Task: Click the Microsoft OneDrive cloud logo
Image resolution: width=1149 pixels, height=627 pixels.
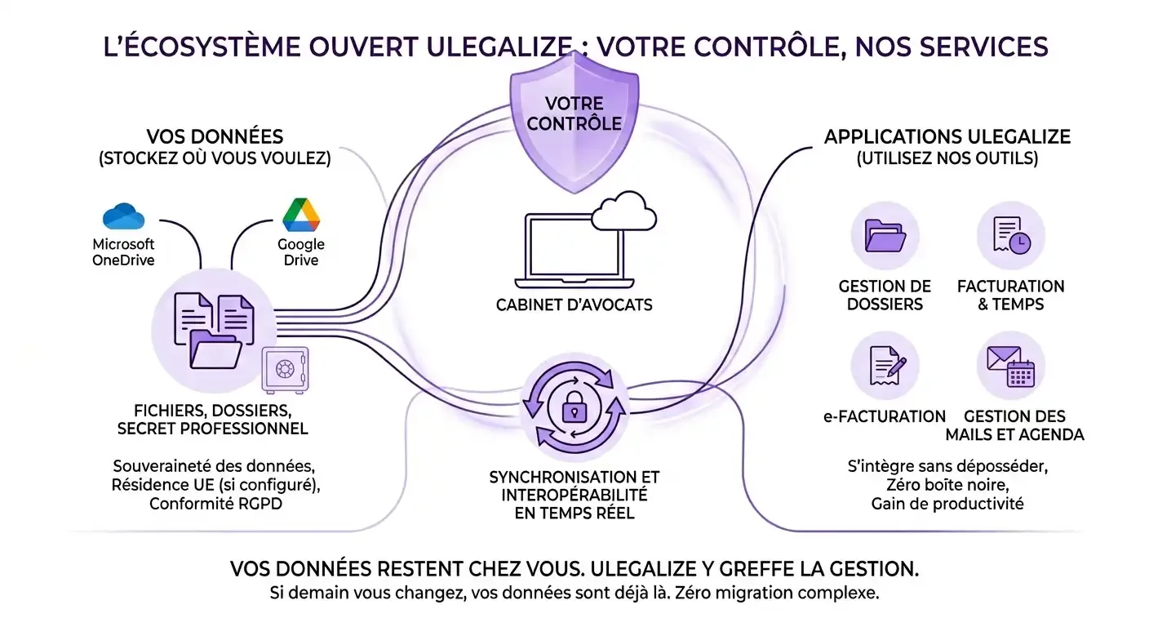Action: coord(123,216)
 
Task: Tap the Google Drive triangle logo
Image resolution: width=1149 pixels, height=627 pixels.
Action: coord(301,215)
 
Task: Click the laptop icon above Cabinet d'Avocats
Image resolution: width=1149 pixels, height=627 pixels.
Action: coord(574,251)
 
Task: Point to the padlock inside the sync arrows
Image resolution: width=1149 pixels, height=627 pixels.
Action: coord(574,407)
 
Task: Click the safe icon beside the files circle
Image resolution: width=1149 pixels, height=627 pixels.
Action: coord(285,370)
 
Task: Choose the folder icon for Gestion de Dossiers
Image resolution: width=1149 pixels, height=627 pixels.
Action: coord(885,236)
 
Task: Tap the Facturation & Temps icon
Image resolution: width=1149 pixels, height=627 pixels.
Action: coord(1011,235)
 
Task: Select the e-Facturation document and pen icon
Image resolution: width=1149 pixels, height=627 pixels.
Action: coord(887,366)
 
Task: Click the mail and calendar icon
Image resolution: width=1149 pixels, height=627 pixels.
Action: coord(1010,367)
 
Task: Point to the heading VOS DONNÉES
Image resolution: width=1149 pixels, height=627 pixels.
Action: coord(215,137)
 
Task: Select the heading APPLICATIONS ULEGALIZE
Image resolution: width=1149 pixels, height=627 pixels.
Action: coord(947,137)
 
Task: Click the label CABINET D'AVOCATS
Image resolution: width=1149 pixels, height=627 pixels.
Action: coord(574,305)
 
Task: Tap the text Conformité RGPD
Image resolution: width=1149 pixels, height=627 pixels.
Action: coord(215,504)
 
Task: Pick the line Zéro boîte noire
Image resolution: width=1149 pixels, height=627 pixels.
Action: coord(947,485)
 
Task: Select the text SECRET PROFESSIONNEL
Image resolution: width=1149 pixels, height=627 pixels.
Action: coord(212,429)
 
